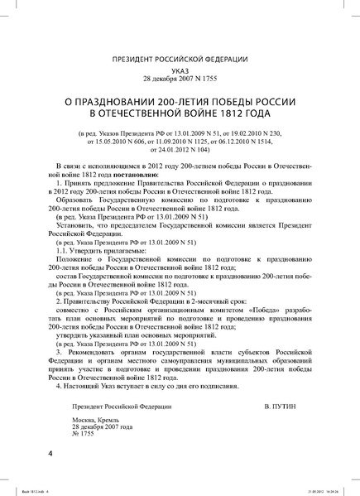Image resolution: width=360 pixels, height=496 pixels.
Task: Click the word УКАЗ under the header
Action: coord(180,72)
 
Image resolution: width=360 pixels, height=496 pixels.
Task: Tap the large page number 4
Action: coord(50,455)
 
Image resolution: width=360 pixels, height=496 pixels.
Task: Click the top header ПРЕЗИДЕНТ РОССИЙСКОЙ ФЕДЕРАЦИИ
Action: coord(180,59)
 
